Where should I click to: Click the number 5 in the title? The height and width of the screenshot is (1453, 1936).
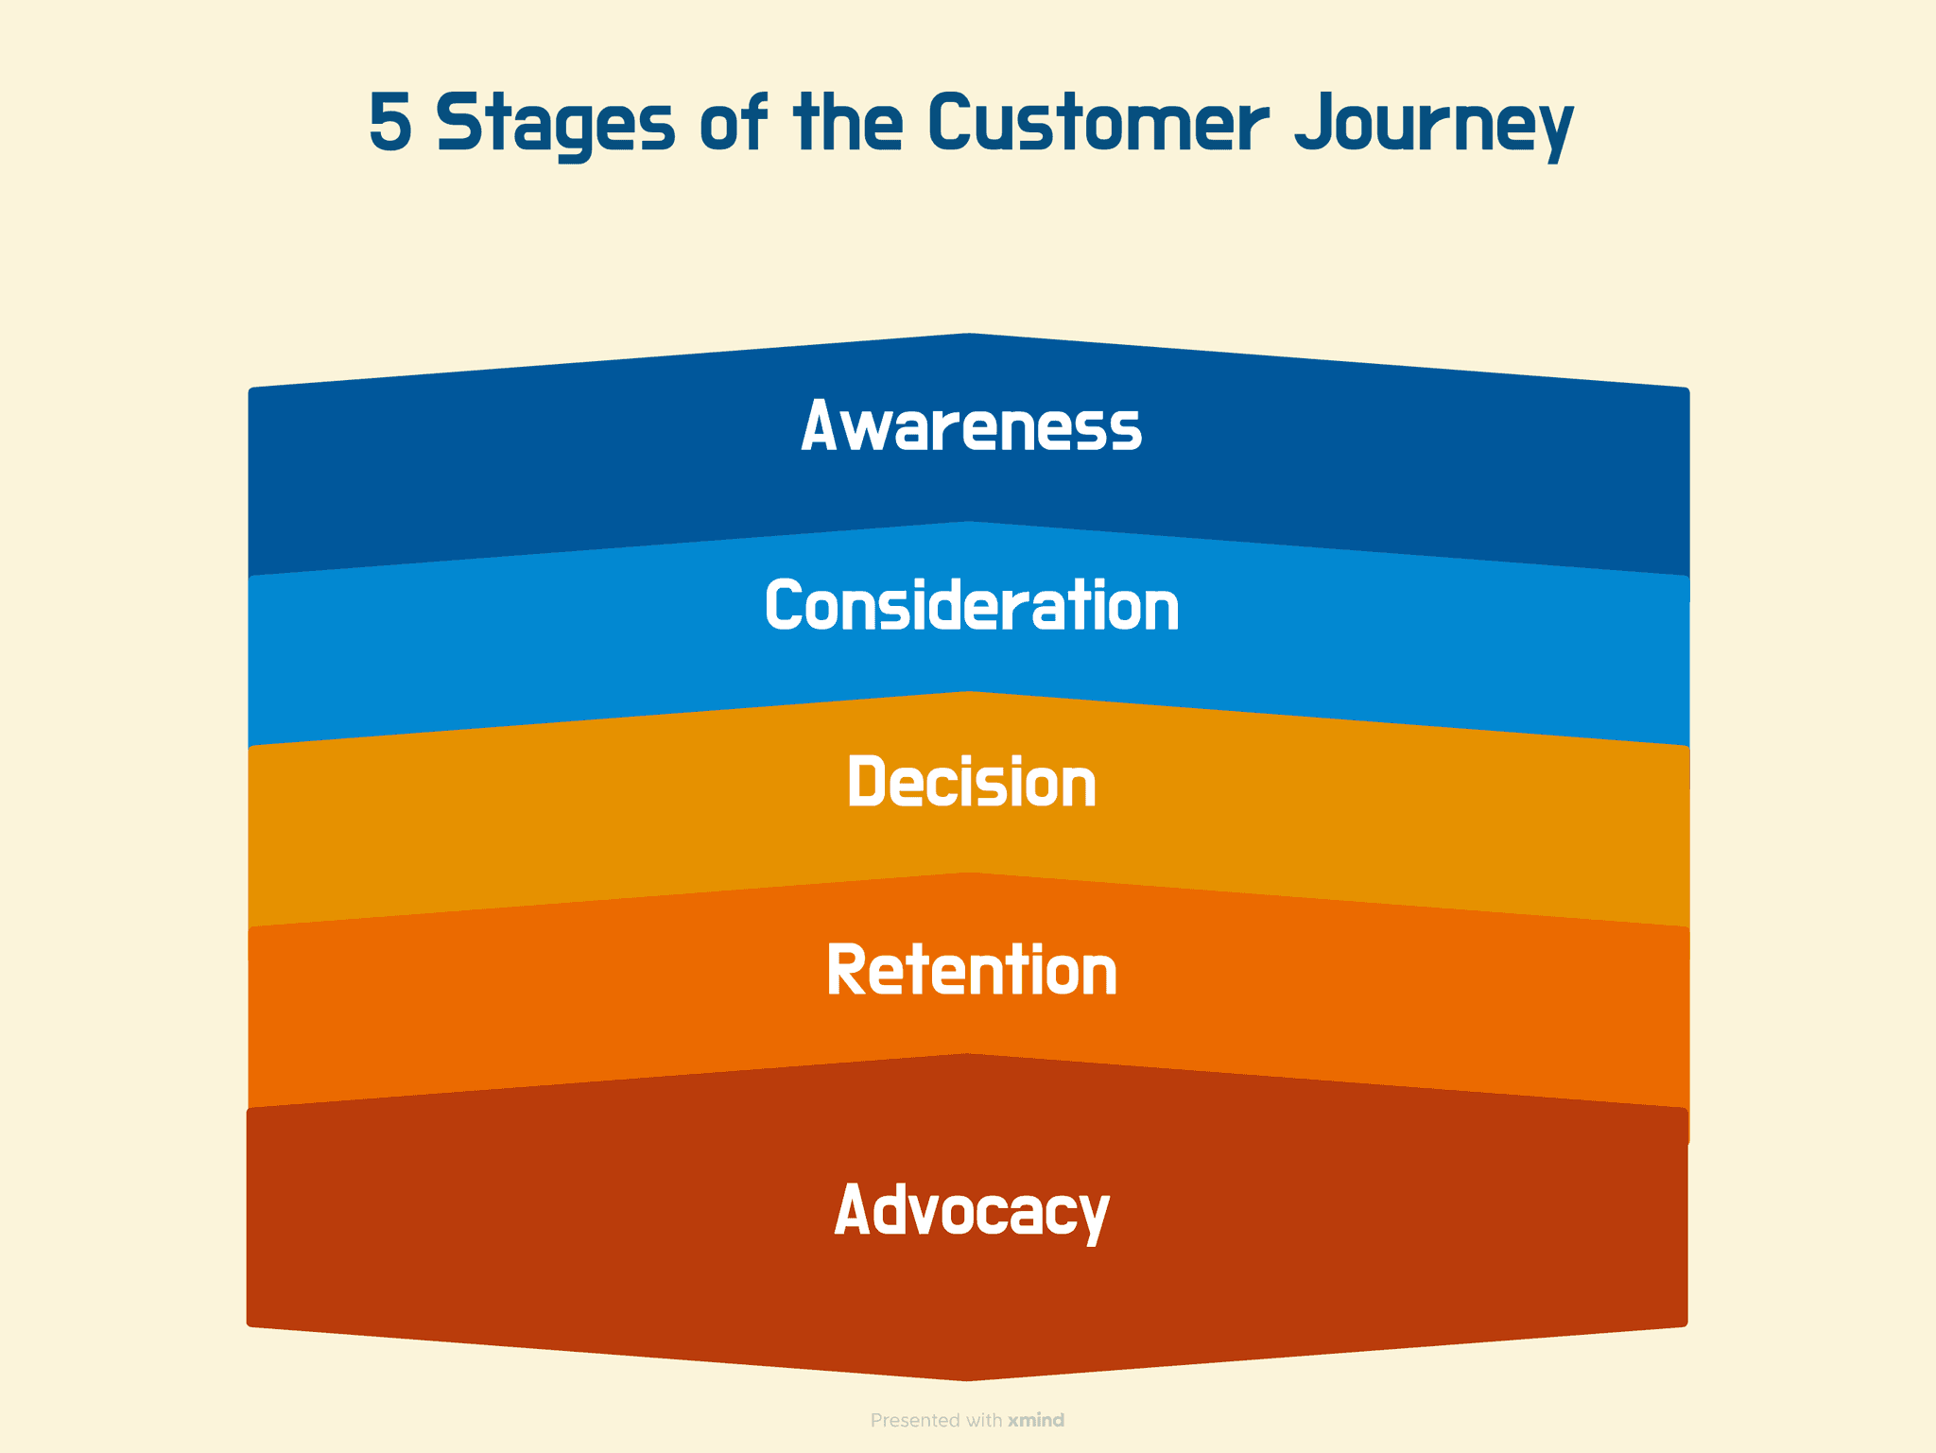390,123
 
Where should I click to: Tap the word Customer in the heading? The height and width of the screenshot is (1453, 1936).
1098,123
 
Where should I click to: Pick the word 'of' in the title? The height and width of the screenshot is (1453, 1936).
733,123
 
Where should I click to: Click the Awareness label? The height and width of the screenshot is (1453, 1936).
971,426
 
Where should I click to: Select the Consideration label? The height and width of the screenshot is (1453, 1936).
971,605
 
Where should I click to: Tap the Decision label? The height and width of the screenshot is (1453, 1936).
971,782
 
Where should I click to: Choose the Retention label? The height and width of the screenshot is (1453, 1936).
971,970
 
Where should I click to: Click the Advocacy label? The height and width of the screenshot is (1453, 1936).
971,1211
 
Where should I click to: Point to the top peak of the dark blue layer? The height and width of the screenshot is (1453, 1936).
969,337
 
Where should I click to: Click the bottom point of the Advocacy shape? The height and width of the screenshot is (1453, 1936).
967,1376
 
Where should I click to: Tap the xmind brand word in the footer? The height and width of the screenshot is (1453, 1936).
1036,1420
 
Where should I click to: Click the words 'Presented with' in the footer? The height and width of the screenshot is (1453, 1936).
936,1420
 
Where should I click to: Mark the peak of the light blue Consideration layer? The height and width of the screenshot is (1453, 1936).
969,526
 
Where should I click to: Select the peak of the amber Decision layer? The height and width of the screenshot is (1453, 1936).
969,696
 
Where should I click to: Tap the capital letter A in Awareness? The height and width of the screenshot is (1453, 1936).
819,426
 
